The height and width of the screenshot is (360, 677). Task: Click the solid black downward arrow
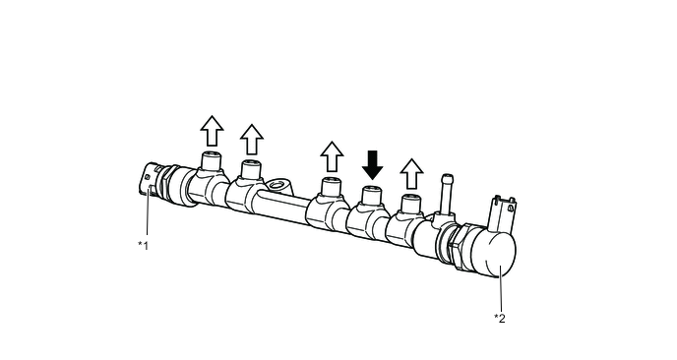tap(372, 165)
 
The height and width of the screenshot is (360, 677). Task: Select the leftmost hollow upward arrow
tap(212, 131)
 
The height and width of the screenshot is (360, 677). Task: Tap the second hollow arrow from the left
tap(252, 139)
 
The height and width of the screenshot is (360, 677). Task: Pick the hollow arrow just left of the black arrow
tap(332, 156)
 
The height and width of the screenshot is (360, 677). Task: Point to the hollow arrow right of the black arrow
tap(411, 173)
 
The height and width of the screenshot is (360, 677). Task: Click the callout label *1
tap(143, 246)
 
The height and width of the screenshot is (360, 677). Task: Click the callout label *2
tap(500, 319)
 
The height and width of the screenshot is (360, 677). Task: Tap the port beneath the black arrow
tap(371, 197)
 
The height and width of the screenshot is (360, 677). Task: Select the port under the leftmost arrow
tap(212, 162)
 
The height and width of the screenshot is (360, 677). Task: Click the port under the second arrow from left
tap(251, 170)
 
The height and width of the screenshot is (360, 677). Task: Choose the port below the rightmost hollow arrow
tap(410, 205)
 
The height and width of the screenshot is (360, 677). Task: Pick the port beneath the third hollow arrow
tap(332, 188)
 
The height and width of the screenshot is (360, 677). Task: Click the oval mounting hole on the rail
tap(277, 187)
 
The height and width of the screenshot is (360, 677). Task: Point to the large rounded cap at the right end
tap(493, 252)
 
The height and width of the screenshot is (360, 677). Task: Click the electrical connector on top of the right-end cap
tap(504, 213)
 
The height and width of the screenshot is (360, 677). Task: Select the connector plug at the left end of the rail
tap(150, 180)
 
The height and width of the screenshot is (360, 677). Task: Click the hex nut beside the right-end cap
tap(459, 247)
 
